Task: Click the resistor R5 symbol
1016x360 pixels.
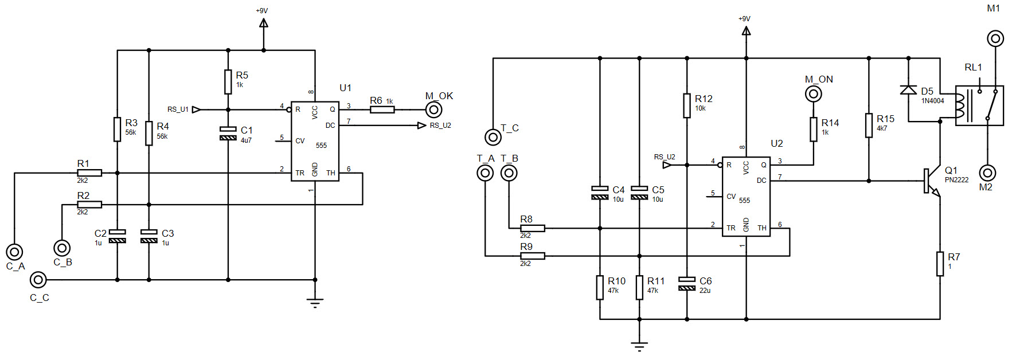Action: [228, 81]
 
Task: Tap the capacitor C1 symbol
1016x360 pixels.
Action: [228, 134]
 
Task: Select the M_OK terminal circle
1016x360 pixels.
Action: [433, 109]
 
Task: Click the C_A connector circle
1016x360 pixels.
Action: [14, 251]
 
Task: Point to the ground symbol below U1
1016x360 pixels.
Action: [315, 303]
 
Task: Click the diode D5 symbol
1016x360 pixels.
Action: [908, 89]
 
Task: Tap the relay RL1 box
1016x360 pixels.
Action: [979, 106]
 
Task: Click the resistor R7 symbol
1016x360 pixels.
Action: [940, 263]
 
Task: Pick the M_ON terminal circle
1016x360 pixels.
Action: [813, 93]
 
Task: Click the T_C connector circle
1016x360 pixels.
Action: [493, 136]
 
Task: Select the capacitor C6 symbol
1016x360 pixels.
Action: [687, 283]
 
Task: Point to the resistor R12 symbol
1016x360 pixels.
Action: [687, 105]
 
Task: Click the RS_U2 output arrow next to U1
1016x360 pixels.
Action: [421, 125]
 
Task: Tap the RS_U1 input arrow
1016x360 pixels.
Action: [196, 109]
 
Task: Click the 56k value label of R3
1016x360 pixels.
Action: [131, 132]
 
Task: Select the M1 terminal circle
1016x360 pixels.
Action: [995, 38]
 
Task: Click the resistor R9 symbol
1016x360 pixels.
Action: [532, 256]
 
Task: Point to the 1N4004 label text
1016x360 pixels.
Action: [932, 101]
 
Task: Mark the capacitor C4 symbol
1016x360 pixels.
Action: [600, 193]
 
